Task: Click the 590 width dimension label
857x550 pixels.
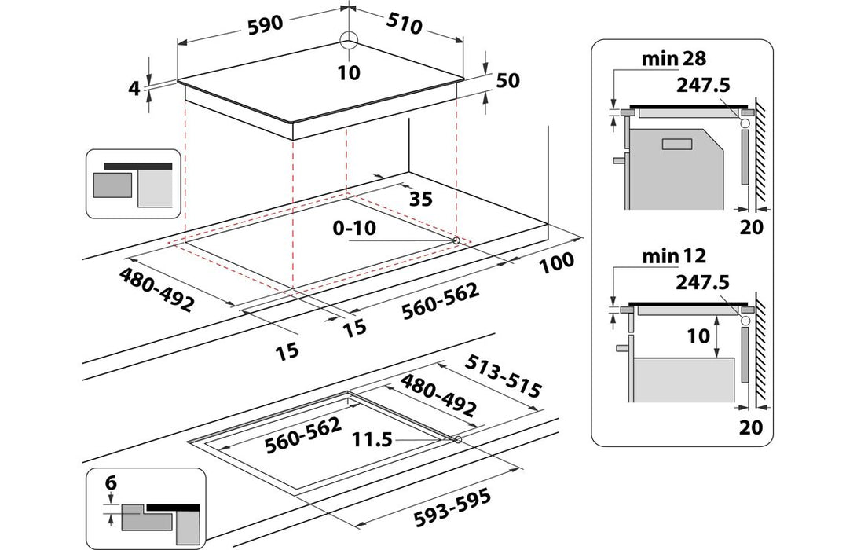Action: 265,24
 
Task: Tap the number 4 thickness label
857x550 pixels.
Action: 134,88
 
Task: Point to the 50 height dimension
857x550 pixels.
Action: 507,82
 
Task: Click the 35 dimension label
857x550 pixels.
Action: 421,199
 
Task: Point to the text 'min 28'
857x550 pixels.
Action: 673,58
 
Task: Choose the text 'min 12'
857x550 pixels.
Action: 673,255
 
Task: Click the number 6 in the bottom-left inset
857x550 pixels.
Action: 112,484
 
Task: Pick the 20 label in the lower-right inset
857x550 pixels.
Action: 752,427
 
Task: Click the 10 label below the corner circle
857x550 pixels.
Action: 349,73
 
